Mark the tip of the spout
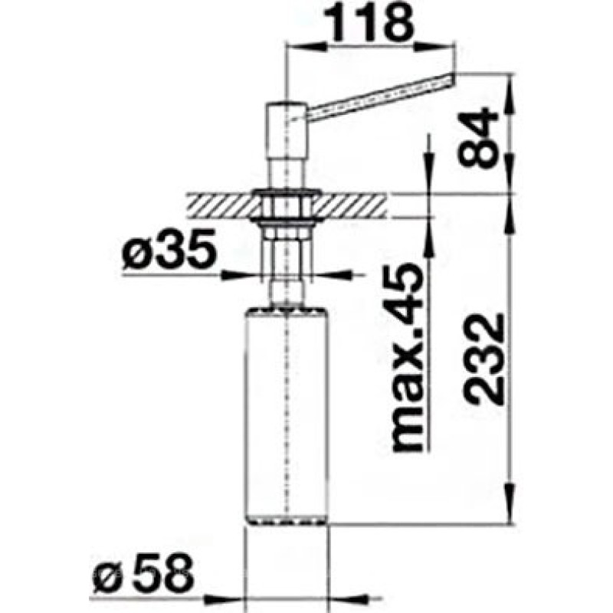[x=452, y=77]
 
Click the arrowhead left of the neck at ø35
[x=259, y=274]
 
